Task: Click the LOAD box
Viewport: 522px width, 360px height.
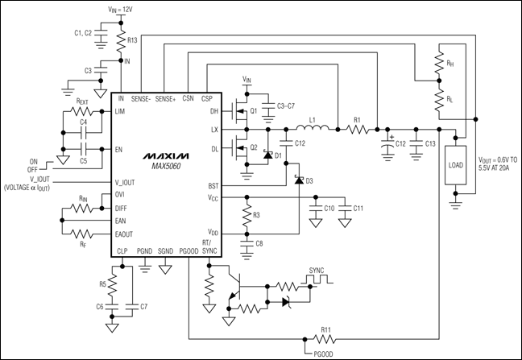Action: [457, 170]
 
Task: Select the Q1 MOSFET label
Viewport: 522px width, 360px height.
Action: [253, 111]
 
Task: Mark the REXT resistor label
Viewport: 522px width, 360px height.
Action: [82, 102]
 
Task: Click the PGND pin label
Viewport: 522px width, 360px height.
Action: [144, 251]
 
